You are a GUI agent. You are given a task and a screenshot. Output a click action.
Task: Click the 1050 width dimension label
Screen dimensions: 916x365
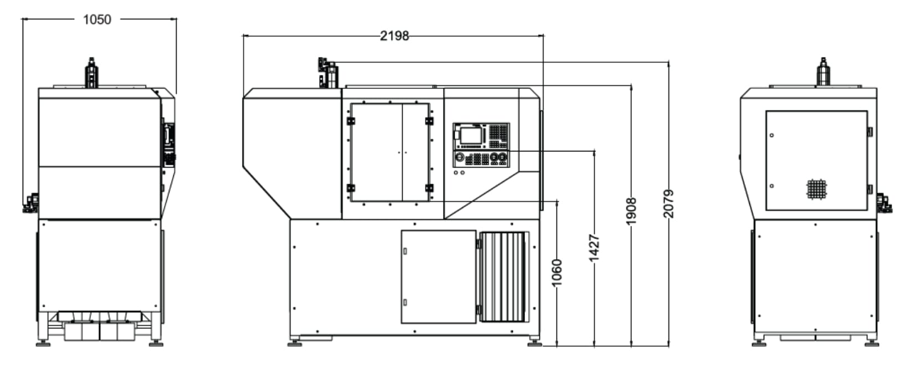(97, 19)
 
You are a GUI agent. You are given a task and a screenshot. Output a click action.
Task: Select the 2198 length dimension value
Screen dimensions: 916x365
(394, 36)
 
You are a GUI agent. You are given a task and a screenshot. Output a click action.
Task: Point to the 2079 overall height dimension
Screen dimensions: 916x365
(668, 204)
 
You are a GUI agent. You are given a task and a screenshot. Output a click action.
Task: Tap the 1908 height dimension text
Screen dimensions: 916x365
(631, 211)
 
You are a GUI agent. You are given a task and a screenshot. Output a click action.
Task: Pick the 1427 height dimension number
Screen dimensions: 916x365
(594, 247)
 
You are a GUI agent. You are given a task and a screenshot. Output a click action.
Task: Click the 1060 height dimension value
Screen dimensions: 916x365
(557, 273)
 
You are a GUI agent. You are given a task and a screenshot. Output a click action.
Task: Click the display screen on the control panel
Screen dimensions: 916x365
(471, 136)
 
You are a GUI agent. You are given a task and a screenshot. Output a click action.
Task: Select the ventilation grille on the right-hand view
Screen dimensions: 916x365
(817, 189)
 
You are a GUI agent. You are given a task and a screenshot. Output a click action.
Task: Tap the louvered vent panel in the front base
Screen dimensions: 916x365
(504, 277)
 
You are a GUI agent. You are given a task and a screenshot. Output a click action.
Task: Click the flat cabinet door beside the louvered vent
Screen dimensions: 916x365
(439, 277)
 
